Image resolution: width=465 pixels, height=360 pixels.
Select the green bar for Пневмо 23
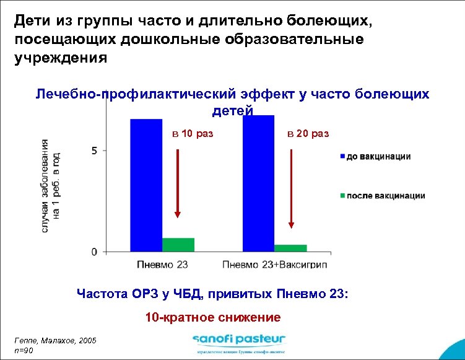178,245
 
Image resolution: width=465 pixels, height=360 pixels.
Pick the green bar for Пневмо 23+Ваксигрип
290,248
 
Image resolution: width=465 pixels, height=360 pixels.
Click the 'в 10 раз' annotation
192,134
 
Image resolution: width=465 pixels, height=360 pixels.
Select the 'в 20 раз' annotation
309,134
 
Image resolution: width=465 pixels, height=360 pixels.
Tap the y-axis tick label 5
94,151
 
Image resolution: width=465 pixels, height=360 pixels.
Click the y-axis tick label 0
94,252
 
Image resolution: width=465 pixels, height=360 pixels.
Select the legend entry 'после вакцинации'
385,196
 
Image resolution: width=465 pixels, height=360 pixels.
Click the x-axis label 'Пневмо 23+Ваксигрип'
275,265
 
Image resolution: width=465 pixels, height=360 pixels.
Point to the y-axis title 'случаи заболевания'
45,187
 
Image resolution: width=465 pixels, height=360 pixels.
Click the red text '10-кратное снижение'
212,317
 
